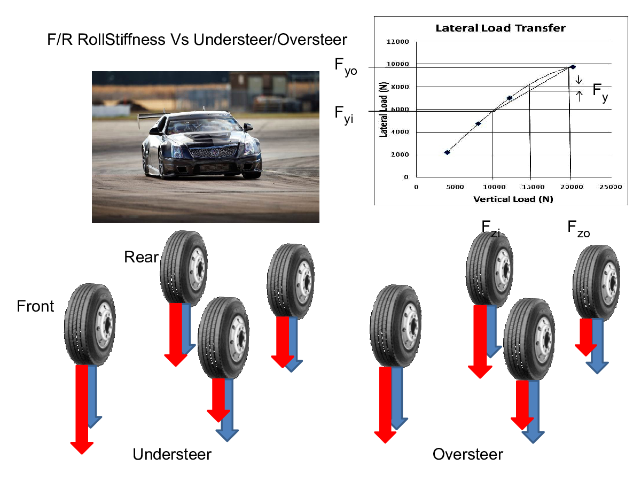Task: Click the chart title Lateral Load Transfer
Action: (x=500, y=28)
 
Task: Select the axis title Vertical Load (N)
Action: (x=513, y=199)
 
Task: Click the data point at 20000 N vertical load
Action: (x=573, y=67)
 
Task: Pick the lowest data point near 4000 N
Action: (x=447, y=152)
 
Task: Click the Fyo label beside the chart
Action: (x=346, y=67)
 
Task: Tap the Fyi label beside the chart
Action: (x=343, y=114)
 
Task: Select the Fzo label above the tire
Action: (x=579, y=229)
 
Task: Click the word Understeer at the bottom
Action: (x=171, y=454)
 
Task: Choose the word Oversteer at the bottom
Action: (x=467, y=454)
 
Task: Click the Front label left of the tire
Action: (x=35, y=306)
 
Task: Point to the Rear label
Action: (x=141, y=257)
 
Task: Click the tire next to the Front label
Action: (x=89, y=326)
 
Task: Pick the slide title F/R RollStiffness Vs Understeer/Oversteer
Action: (x=197, y=40)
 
